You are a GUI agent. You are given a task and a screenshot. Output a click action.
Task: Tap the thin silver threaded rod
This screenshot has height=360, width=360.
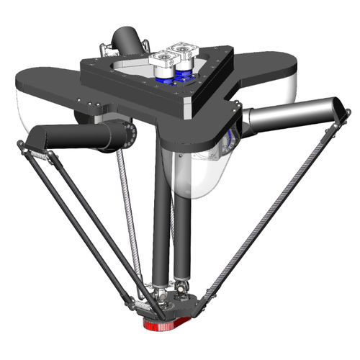(x=130, y=216)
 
